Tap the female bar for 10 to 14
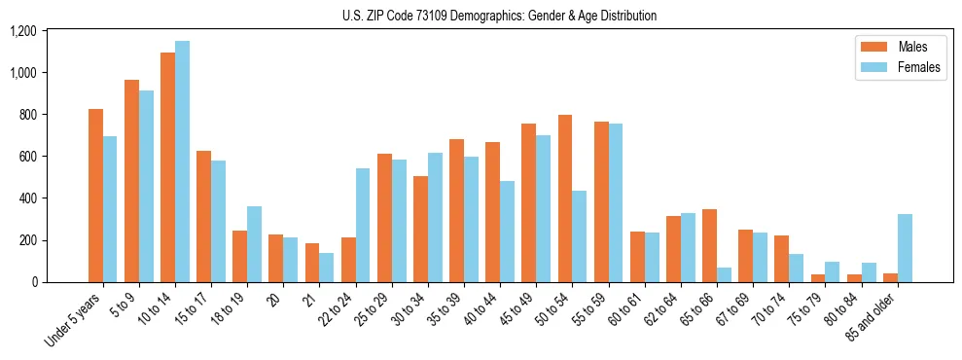tap(182, 162)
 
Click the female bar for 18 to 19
tap(254, 243)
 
